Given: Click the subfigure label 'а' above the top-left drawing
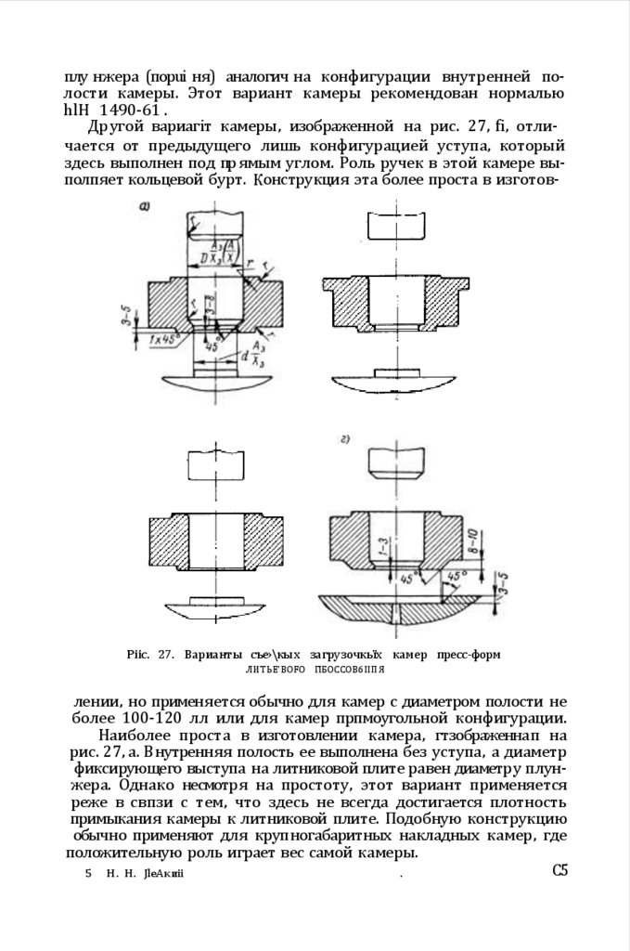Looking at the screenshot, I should pyautogui.click(x=144, y=207).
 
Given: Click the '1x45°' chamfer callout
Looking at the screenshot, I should pyautogui.click(x=163, y=340).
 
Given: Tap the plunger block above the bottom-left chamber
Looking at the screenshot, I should pyautogui.click(x=214, y=463).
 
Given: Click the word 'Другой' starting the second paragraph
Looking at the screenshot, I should pyautogui.click(x=113, y=128).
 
